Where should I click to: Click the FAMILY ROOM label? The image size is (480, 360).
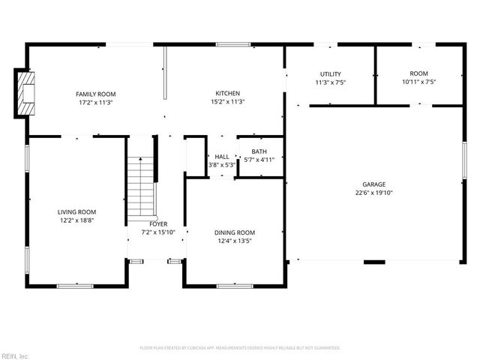(x=95, y=94)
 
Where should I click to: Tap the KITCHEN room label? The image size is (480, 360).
(x=226, y=94)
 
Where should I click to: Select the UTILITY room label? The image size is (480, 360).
(x=331, y=73)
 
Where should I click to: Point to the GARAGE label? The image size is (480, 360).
(x=373, y=184)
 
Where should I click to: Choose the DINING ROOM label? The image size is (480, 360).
(x=235, y=232)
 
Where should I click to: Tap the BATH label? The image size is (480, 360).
(x=259, y=151)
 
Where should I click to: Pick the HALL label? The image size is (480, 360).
(x=222, y=157)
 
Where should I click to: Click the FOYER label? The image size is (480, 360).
(x=158, y=224)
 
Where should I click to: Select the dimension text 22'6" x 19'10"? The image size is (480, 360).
(x=373, y=192)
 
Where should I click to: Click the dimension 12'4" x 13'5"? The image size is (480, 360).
(x=235, y=241)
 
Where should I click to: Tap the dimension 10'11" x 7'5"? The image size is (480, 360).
(x=418, y=82)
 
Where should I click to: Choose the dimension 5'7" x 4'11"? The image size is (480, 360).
(x=259, y=160)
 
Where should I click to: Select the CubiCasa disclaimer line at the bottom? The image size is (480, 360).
(x=240, y=348)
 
